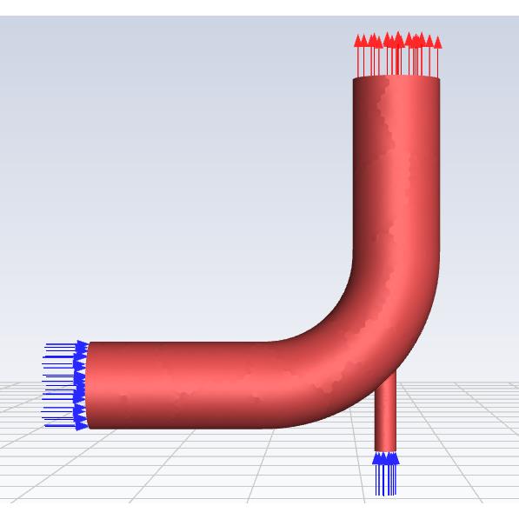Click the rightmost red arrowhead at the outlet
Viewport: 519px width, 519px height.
[x=437, y=41]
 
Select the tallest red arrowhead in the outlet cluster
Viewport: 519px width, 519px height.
[x=398, y=37]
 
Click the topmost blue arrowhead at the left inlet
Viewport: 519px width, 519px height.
[x=82, y=346]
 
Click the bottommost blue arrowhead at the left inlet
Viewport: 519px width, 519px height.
[x=82, y=424]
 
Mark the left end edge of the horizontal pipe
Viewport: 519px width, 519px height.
[x=88, y=385]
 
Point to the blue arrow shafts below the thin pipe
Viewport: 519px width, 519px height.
[x=385, y=481]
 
